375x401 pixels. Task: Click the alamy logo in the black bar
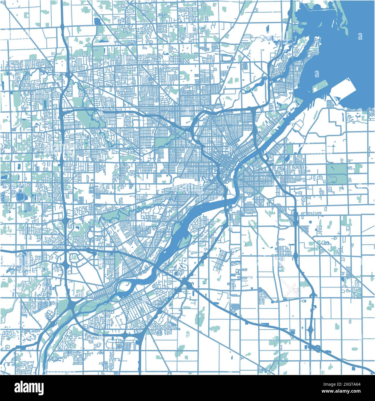pos(29,387)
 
